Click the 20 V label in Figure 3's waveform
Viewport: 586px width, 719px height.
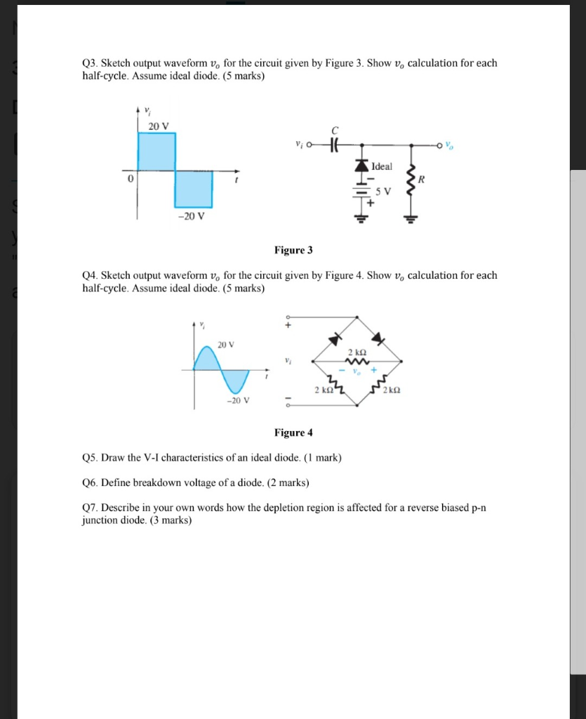pyautogui.click(x=159, y=126)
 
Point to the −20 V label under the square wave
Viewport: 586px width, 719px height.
pyautogui.click(x=191, y=216)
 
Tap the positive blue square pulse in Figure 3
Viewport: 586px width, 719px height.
pyautogui.click(x=157, y=151)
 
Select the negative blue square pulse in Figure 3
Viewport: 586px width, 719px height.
pyautogui.click(x=193, y=188)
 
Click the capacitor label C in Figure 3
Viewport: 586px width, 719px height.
pyautogui.click(x=335, y=131)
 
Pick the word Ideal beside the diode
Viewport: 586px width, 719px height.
pyautogui.click(x=382, y=166)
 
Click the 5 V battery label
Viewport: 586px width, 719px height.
pyautogui.click(x=382, y=191)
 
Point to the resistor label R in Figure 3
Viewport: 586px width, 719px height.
pyautogui.click(x=421, y=179)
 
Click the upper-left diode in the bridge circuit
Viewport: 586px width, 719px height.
pyautogui.click(x=335, y=338)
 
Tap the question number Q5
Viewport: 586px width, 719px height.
pyautogui.click(x=90, y=458)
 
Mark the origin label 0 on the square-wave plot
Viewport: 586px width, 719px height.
pyautogui.click(x=130, y=179)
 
